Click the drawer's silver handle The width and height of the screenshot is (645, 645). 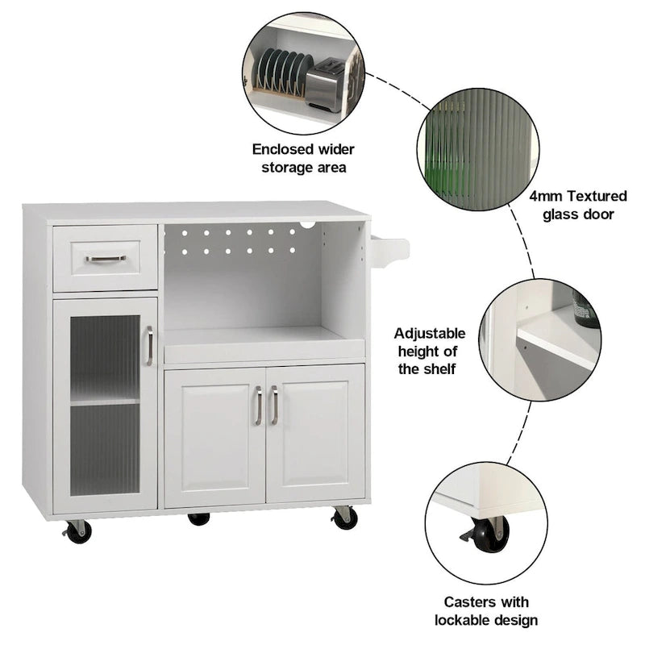(106, 259)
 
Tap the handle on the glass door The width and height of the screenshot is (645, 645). (149, 345)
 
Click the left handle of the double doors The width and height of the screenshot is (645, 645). (258, 405)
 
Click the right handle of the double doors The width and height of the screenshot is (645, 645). (274, 405)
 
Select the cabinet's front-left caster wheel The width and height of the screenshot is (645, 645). (78, 531)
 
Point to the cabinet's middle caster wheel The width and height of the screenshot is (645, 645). (198, 518)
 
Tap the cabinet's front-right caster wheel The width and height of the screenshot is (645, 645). (346, 518)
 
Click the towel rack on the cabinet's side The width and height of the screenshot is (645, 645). (389, 250)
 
